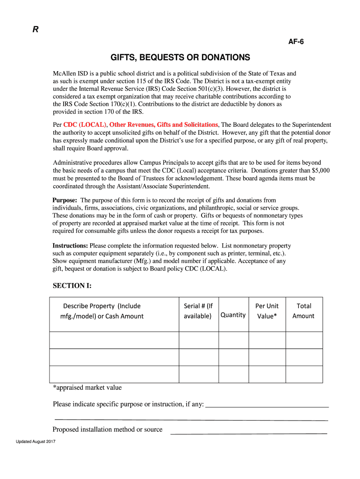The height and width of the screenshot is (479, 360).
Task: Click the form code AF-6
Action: coord(296,42)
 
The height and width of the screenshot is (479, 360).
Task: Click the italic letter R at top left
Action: coord(35,29)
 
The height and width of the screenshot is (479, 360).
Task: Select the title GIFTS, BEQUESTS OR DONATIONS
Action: coord(180,58)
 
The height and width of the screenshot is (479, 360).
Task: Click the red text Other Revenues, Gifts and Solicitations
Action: coord(164,125)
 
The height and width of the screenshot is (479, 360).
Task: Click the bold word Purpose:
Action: coord(65,200)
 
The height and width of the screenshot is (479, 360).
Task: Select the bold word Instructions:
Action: coord(70,246)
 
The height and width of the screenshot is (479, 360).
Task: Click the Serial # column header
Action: coord(198,311)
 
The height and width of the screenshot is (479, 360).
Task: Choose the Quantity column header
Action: coord(233,315)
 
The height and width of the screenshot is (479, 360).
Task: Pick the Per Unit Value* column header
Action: coord(266,311)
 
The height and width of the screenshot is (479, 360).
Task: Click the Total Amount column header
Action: coord(304,311)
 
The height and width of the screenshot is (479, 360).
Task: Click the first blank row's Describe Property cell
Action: coord(114,340)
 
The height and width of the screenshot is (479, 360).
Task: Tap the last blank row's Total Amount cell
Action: coord(304,374)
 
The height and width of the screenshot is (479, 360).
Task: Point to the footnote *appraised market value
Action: coord(87,387)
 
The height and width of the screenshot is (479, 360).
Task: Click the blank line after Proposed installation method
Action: coord(248,431)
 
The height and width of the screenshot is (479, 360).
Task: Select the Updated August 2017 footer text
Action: coord(36,442)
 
